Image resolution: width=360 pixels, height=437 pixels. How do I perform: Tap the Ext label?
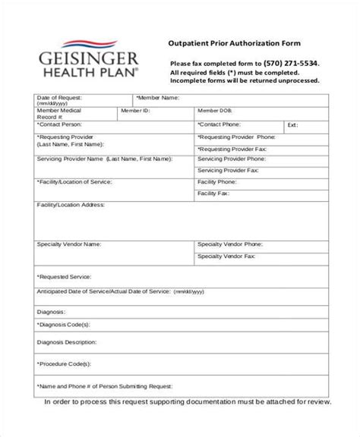[x=293, y=124]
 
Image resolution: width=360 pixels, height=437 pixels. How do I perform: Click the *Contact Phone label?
[x=220, y=123]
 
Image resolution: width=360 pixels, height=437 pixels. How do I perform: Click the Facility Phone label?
[x=216, y=183]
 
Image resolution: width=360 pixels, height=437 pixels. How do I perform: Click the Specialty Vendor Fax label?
[x=228, y=257]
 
